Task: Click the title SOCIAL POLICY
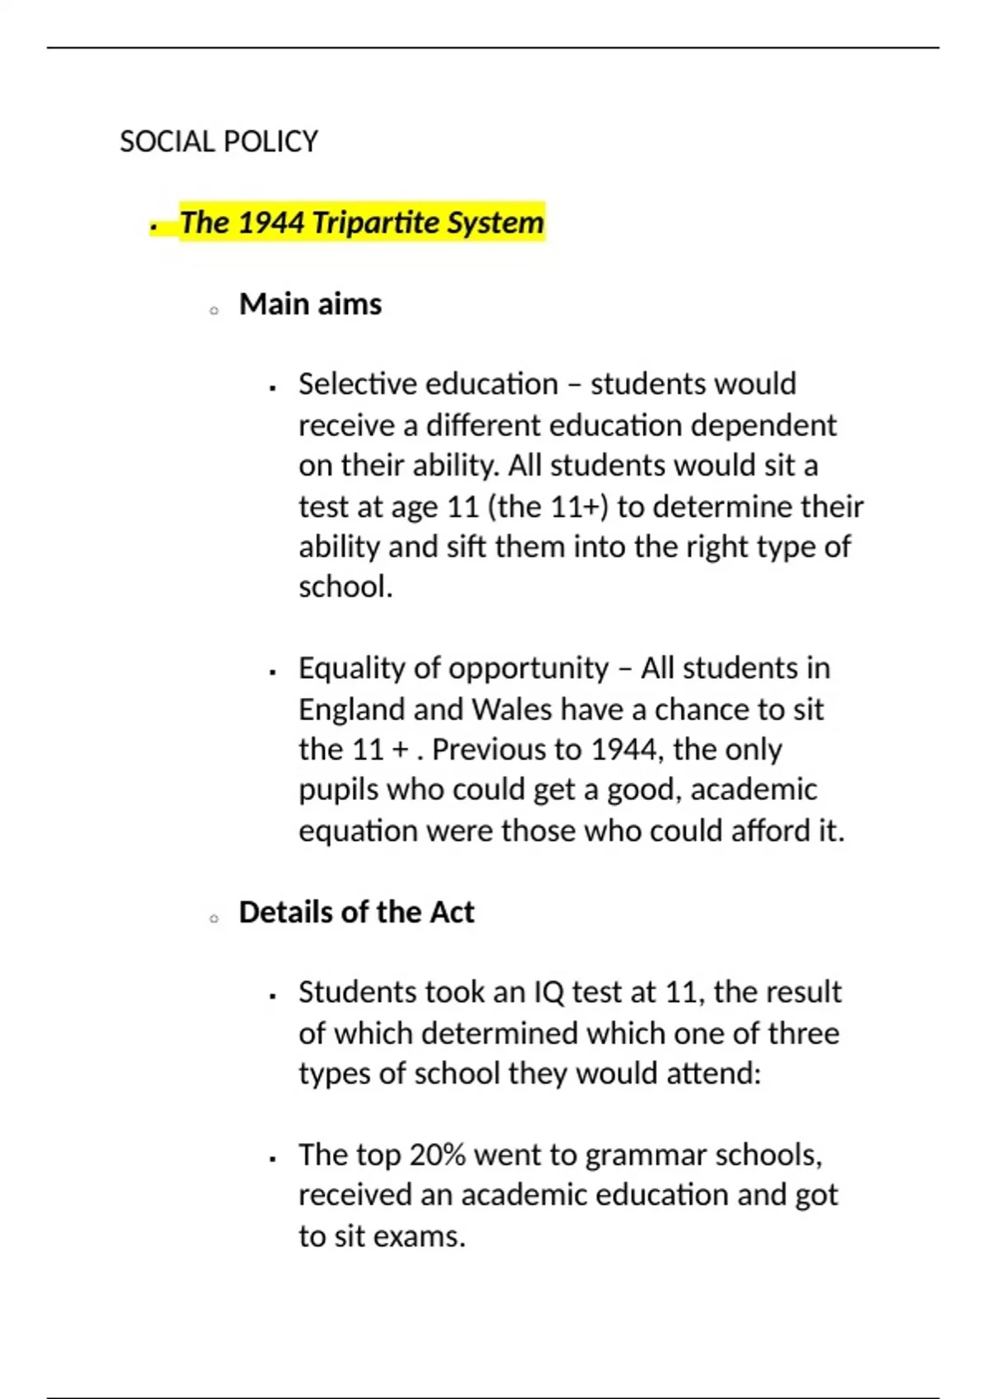click(219, 142)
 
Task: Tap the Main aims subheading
click(310, 304)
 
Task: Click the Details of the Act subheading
click(356, 913)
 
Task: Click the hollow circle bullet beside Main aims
click(214, 311)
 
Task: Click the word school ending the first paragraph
click(344, 588)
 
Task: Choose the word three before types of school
click(802, 1034)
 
